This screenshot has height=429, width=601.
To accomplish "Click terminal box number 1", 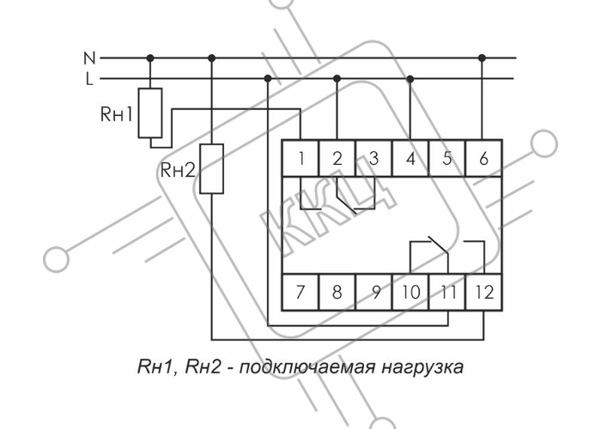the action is [300, 158].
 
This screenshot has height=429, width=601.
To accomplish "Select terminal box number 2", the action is [337, 158].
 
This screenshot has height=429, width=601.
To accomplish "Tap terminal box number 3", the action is [373, 158].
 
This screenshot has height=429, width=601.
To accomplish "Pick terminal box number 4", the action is [410, 158].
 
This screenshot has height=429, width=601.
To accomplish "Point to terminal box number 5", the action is [446, 158].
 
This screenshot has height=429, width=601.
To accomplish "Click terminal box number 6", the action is [483, 158].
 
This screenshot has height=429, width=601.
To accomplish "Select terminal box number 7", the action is [300, 293].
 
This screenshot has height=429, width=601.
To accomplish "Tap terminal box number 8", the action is [337, 293].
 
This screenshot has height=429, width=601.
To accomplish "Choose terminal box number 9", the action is [373, 293].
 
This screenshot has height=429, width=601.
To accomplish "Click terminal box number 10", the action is [410, 293].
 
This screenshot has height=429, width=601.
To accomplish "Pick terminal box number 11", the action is [446, 293].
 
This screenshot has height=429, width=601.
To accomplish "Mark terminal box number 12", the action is [483, 293].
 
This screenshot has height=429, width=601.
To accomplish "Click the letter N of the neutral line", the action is [89, 58].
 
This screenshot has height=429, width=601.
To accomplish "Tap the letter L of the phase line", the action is [89, 79].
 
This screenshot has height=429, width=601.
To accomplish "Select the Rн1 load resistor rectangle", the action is [150, 113].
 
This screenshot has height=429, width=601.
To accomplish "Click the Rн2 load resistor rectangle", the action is [211, 169].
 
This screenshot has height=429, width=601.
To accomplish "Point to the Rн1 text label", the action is [117, 114].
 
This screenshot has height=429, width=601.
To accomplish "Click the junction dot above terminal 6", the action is [483, 58].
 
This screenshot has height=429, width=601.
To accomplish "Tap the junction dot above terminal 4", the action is [410, 79].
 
